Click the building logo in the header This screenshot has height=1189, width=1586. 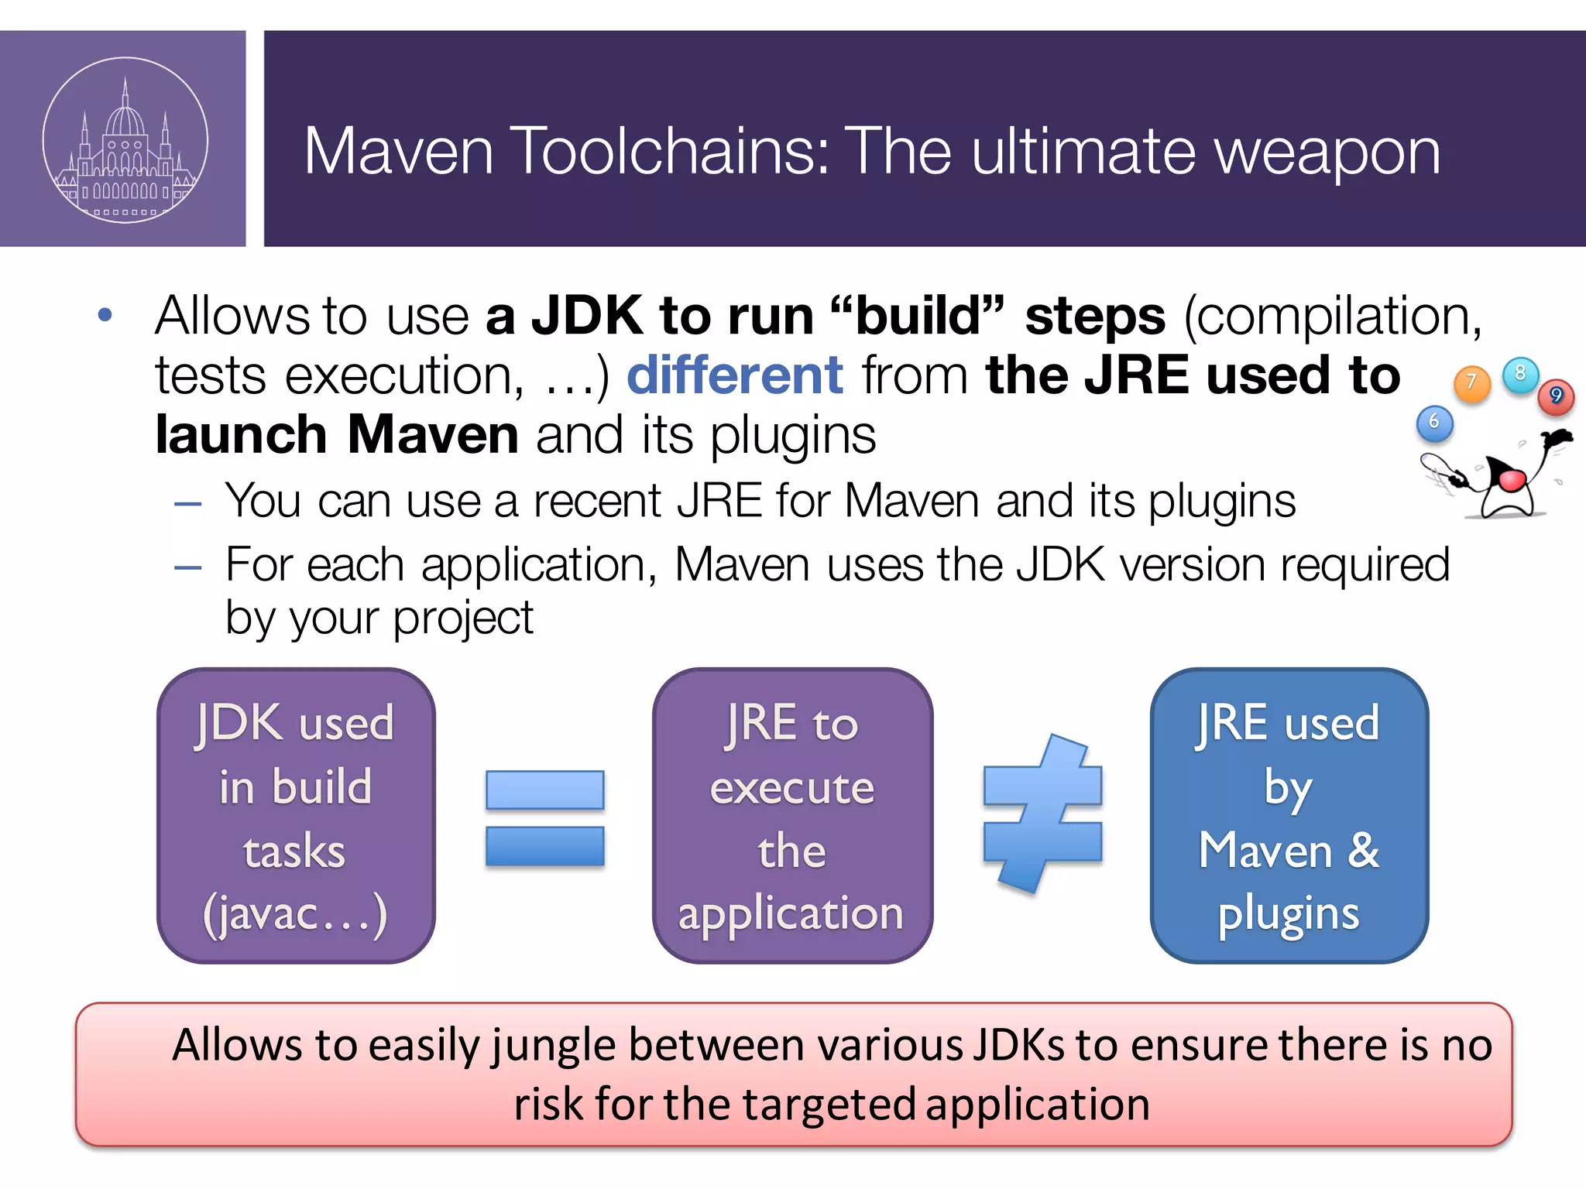pos(125,140)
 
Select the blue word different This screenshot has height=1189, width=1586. pos(734,375)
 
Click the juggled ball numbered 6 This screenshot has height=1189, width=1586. pos(1434,423)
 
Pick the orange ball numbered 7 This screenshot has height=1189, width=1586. pos(1472,382)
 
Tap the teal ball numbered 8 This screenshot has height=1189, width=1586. pos(1520,374)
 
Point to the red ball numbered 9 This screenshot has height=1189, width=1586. pos(1556,396)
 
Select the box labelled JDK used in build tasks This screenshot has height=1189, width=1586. pos(296,816)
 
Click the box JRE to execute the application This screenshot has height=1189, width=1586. pos(792,816)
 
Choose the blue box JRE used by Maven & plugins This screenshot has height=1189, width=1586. pos(1289,816)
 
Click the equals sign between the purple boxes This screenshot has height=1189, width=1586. pos(544,817)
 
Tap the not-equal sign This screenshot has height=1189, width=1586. pos(1042,814)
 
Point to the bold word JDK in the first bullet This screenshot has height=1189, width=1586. pos(587,317)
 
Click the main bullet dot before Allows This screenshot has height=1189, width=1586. pos(105,315)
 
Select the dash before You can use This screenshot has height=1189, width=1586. pos(188,505)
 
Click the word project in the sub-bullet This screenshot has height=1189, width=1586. pos(462,618)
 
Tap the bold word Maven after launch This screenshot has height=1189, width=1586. pos(433,435)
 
